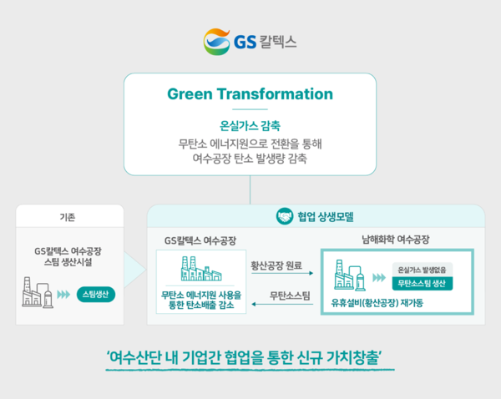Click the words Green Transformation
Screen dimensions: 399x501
click(250, 93)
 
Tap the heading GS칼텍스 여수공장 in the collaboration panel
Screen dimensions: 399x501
click(200, 240)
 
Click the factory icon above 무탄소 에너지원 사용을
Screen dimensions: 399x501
click(200, 269)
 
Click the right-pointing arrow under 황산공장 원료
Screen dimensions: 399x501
click(281, 275)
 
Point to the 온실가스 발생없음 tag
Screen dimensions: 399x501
click(424, 269)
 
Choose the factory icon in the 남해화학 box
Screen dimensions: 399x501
click(347, 276)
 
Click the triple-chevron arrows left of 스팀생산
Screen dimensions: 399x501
click(66, 294)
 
